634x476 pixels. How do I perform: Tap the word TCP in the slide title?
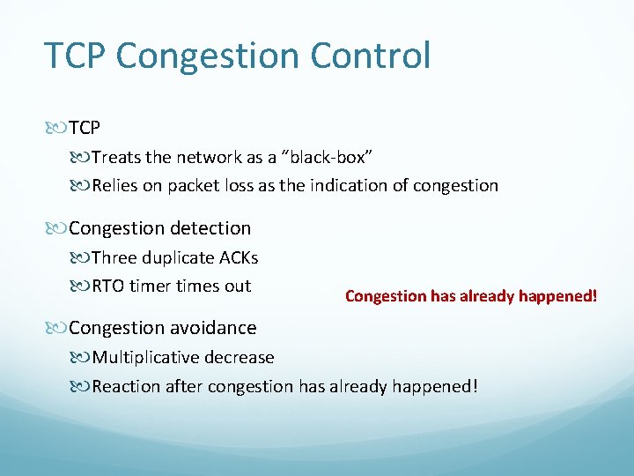pyautogui.click(x=76, y=56)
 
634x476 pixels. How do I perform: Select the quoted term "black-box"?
pyautogui.click(x=327, y=158)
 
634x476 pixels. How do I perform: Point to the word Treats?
pyautogui.click(x=115, y=158)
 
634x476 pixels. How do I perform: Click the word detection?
pyautogui.click(x=209, y=228)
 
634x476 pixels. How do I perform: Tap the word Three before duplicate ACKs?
pyautogui.click(x=114, y=258)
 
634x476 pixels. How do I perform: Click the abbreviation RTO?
pyautogui.click(x=108, y=286)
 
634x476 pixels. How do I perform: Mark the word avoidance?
pyautogui.click(x=215, y=328)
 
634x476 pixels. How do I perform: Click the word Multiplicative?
pyautogui.click(x=147, y=358)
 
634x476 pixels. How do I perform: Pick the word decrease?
pyautogui.click(x=240, y=358)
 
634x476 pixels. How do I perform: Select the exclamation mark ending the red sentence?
pyautogui.click(x=594, y=296)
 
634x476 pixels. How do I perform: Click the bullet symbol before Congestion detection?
pyautogui.click(x=57, y=229)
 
